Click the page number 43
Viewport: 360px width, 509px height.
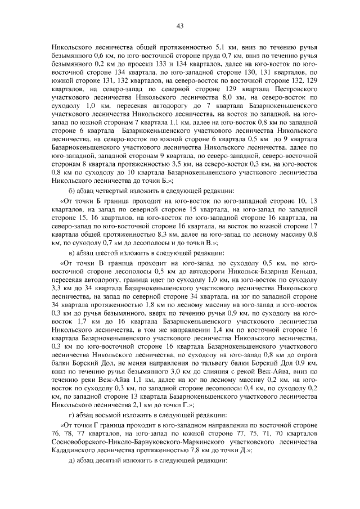(x=180, y=25)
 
